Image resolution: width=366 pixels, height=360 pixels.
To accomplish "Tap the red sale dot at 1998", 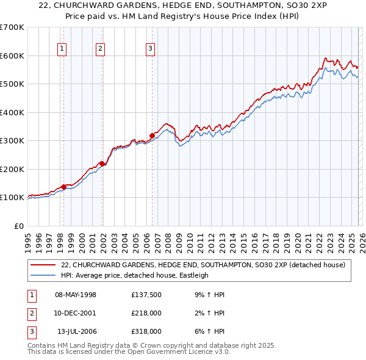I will click(63, 187).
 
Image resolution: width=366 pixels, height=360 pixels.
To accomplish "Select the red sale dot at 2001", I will click(102, 164).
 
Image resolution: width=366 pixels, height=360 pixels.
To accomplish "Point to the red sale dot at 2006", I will click(152, 135).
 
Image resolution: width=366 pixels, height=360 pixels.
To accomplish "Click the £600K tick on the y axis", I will click(12, 56).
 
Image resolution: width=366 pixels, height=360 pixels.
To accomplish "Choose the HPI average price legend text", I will click(134, 275).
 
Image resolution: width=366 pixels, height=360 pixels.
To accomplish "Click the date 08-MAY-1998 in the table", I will click(76, 295).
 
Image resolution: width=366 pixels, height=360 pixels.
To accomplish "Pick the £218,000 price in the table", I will click(146, 313).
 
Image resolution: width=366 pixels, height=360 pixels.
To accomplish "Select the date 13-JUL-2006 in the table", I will click(76, 331).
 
